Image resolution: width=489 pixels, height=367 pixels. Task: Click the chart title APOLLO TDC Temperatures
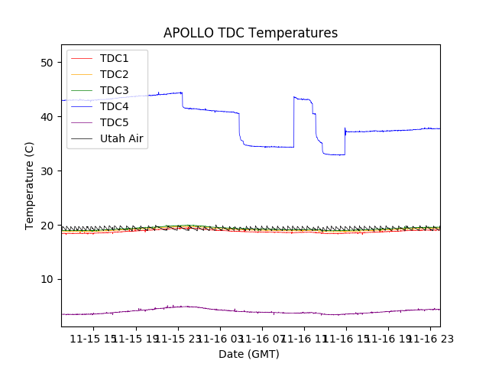point(251,33)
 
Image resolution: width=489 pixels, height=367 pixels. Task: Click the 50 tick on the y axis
point(47,63)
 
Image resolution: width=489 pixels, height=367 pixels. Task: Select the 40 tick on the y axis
point(47,117)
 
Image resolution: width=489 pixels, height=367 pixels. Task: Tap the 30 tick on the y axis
point(47,171)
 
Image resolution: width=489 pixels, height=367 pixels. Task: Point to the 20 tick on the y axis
point(47,225)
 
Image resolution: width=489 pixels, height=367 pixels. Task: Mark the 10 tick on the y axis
point(47,279)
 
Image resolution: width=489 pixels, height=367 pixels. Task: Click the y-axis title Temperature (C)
point(30,186)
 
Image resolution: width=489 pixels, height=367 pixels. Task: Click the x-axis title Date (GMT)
point(249,354)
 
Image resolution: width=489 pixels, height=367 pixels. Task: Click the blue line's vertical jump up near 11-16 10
point(294,122)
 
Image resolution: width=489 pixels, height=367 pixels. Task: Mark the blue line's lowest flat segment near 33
point(334,154)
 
